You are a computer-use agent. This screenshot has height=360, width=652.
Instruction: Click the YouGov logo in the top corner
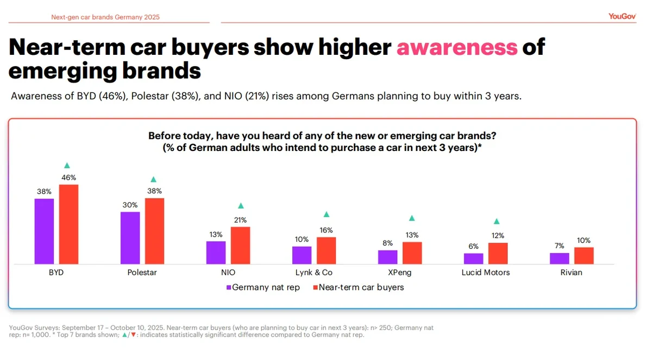[622, 16]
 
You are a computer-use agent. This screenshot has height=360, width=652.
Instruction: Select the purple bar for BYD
[44, 231]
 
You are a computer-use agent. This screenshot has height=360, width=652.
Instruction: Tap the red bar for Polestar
[154, 231]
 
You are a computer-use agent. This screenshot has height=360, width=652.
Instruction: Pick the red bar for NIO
[240, 245]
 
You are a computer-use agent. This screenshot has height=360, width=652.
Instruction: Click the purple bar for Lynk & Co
[302, 255]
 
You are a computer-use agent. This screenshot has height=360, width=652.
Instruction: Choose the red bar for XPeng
[412, 253]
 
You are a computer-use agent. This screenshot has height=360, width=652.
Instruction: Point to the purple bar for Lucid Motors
[473, 258]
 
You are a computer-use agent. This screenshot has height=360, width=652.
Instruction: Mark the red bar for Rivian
[584, 256]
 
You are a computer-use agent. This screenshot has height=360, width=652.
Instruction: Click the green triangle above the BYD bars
[67, 165]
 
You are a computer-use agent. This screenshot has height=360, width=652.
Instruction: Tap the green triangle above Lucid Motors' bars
[496, 221]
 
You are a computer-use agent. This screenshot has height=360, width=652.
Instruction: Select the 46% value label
[69, 177]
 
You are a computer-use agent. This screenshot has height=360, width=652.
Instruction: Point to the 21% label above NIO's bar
[240, 220]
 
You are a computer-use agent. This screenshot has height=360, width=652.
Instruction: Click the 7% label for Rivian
[559, 246]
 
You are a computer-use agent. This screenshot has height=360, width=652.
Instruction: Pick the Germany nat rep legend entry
[263, 287]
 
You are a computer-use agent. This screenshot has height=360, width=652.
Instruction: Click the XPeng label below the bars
[400, 273]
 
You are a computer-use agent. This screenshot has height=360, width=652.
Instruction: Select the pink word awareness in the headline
[456, 48]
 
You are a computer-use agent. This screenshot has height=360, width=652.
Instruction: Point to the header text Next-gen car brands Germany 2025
[105, 17]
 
